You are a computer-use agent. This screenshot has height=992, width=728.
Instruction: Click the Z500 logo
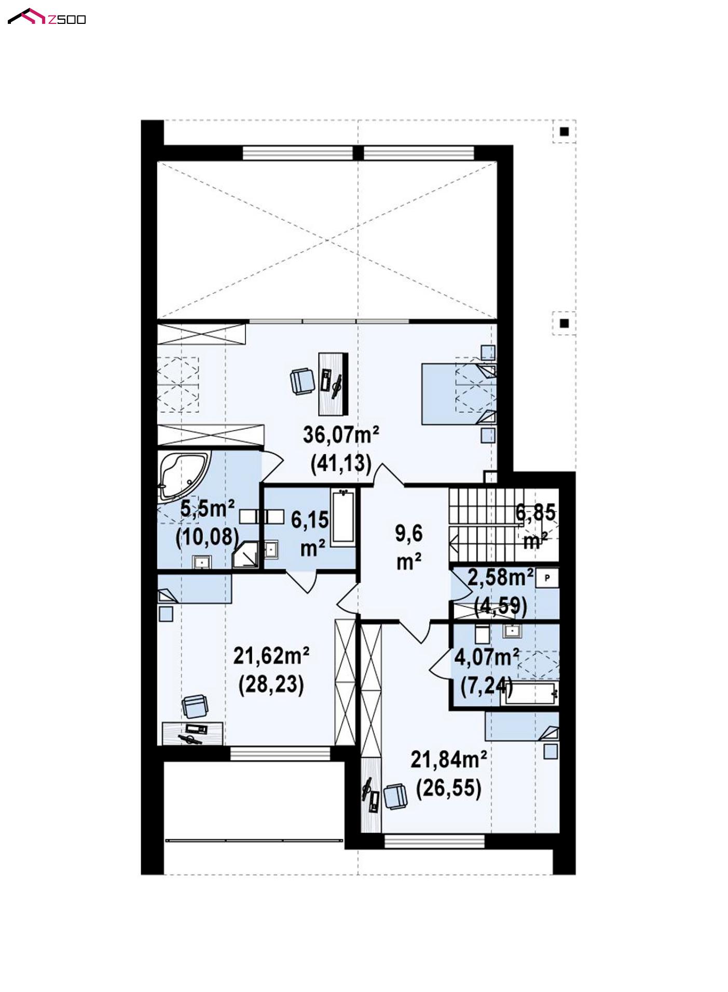coord(47,17)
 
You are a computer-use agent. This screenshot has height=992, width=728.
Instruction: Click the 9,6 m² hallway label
coord(409,547)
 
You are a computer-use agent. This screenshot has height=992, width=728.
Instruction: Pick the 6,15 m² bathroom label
coord(310,533)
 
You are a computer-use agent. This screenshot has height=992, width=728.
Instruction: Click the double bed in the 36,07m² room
coord(459,394)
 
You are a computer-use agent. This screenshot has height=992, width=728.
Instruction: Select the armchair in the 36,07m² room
coord(303,381)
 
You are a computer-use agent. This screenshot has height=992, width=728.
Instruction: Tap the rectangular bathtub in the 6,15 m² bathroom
coord(344,518)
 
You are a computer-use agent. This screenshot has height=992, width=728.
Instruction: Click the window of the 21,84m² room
coord(434,840)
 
